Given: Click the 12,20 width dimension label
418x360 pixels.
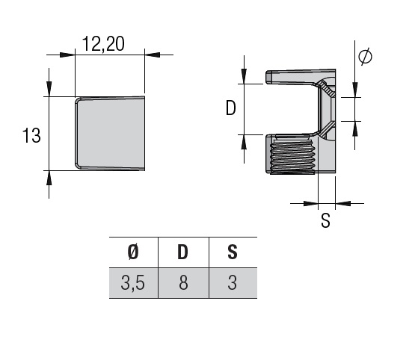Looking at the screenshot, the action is coord(103,43).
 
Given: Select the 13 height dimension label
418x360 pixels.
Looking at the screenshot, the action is coord(31,135).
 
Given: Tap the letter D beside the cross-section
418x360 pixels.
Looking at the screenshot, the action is coord(231,108).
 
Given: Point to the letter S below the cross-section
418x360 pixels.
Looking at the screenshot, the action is coord(325,220).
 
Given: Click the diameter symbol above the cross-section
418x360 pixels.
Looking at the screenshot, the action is coord(365,56).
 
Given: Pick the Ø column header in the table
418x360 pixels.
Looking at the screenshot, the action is coord(133,252).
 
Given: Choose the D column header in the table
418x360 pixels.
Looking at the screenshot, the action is coord(182,252).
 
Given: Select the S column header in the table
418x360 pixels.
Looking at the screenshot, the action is coord(233,252).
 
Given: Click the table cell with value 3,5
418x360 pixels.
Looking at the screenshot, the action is coord(133,283).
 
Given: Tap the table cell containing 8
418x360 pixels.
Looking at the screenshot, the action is coord(184,283).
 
